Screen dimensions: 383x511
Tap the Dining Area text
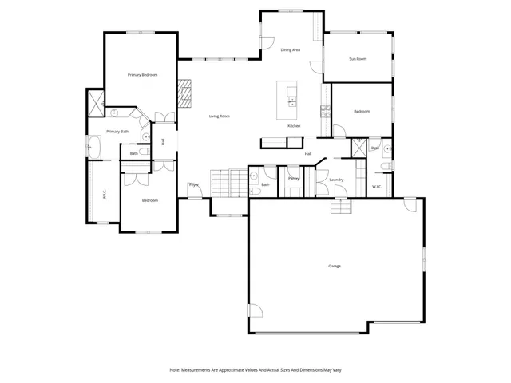point(290,50)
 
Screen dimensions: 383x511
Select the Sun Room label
point(358,59)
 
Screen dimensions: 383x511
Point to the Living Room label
point(220,116)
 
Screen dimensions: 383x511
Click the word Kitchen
point(294,127)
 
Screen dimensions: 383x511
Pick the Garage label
point(335,266)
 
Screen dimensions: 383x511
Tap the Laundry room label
point(336,180)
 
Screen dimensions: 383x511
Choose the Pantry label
point(294,179)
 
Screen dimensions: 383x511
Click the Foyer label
point(193,185)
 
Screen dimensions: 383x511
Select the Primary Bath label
point(118,132)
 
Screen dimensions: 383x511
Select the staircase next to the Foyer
point(228,183)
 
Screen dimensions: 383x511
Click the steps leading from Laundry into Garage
point(342,207)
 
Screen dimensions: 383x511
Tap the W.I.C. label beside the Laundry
point(377,187)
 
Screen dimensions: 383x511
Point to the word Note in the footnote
point(175,370)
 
